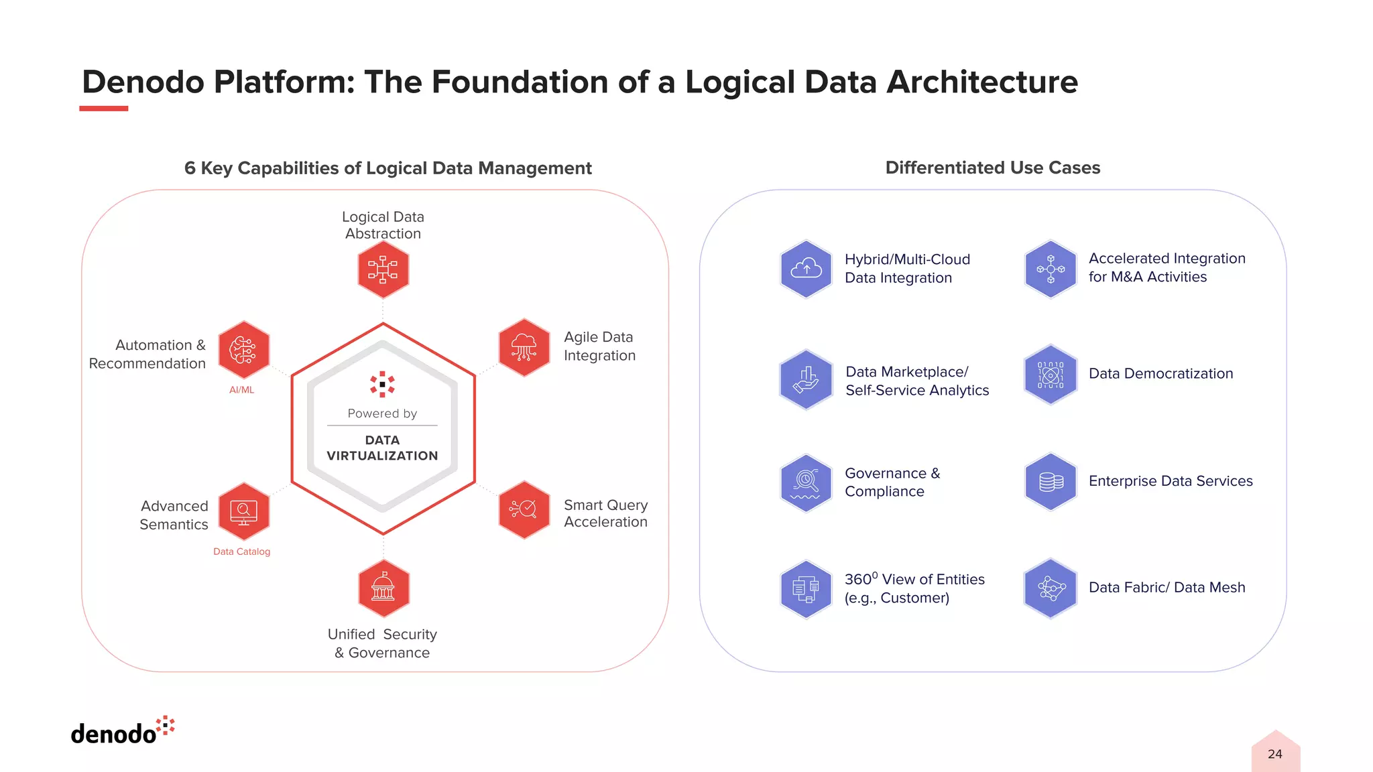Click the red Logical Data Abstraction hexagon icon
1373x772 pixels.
(x=383, y=269)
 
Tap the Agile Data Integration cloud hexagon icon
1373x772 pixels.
(x=524, y=348)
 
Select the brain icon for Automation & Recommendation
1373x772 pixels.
(x=243, y=350)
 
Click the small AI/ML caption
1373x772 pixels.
(x=241, y=390)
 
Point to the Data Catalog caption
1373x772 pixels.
(x=241, y=552)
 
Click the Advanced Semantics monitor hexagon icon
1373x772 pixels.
(x=243, y=511)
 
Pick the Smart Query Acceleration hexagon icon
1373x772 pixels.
(x=524, y=509)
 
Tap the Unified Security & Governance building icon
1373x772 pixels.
(x=383, y=588)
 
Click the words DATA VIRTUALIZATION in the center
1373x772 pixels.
(x=382, y=448)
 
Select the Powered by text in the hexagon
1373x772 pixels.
(x=382, y=413)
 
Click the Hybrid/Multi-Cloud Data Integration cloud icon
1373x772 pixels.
(x=806, y=269)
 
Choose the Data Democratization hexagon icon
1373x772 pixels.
(x=1051, y=375)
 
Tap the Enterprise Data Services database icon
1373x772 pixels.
(x=1051, y=482)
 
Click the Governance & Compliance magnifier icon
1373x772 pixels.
(x=806, y=482)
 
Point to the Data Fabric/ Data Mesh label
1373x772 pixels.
(x=1167, y=588)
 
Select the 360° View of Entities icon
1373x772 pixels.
(x=806, y=589)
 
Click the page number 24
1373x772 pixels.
(x=1274, y=754)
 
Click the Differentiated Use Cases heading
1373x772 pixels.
(x=992, y=168)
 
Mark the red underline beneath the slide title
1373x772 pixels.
(x=103, y=109)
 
